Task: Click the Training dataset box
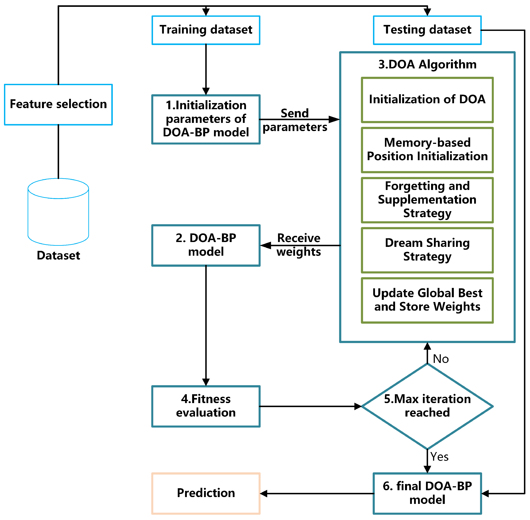click(206, 30)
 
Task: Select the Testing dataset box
click(427, 30)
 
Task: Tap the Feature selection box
click(58, 105)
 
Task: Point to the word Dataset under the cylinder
click(58, 255)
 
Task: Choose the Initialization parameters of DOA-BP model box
click(206, 119)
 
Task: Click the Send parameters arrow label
click(295, 120)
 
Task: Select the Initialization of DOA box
click(427, 100)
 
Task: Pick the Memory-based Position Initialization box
click(427, 150)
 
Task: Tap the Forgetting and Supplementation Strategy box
click(427, 200)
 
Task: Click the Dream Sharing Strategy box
click(427, 250)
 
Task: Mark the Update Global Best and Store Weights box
click(427, 300)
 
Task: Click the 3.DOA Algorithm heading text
click(427, 64)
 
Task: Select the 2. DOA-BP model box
click(206, 245)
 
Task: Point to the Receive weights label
click(299, 245)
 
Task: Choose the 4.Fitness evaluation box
click(206, 406)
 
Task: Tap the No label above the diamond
click(441, 359)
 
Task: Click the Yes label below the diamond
click(439, 457)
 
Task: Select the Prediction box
click(206, 493)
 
